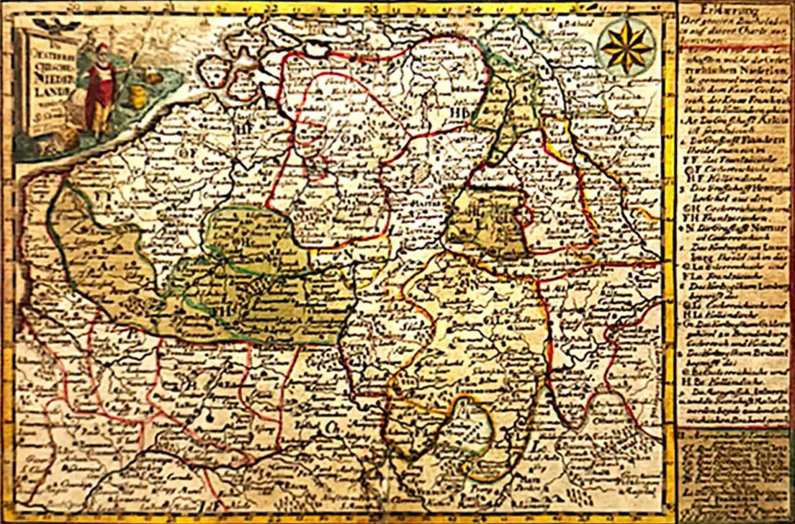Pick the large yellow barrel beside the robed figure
pyautogui.click(x=135, y=95)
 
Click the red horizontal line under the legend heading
pyautogui.click(x=735, y=45)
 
